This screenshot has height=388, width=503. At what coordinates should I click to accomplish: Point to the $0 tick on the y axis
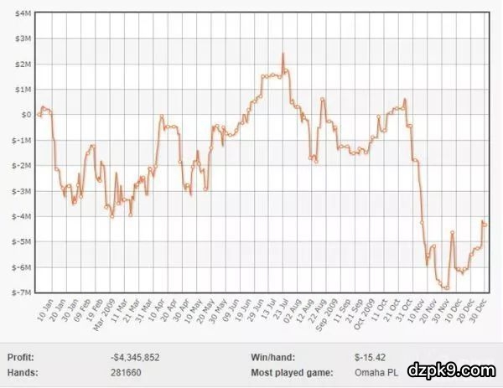pos(26,115)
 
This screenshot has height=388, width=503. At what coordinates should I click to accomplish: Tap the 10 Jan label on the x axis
pos(45,310)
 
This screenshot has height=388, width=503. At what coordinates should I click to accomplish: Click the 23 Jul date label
pos(285,310)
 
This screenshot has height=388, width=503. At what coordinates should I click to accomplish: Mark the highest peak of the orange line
pos(283,54)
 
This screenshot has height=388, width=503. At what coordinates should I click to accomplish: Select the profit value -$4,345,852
pos(135,357)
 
